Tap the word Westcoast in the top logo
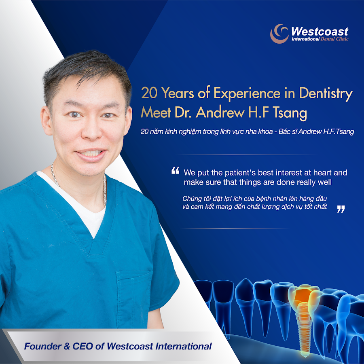click(x=320, y=31)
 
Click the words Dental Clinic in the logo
click(x=334, y=39)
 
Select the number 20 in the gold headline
click(x=149, y=93)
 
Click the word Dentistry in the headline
click(x=326, y=93)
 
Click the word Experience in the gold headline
click(x=247, y=94)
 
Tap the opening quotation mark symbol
click(x=175, y=170)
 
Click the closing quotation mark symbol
click(x=341, y=209)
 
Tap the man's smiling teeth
click(x=92, y=153)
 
